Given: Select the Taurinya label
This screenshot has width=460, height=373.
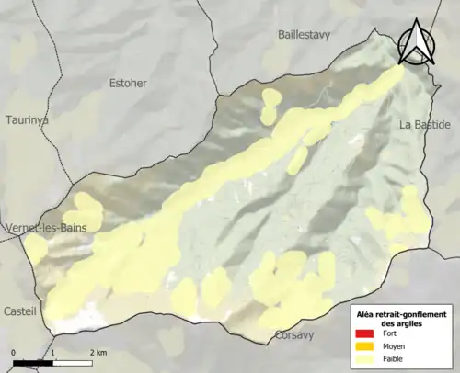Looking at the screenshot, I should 26,119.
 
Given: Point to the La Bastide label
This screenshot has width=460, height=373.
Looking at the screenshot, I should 424,123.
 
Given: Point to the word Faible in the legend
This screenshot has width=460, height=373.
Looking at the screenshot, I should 393,358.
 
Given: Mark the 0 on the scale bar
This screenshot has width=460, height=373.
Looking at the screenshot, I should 14,352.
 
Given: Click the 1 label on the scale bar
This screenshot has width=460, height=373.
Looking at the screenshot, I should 52,352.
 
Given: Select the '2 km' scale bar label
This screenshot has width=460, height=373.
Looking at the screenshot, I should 98,352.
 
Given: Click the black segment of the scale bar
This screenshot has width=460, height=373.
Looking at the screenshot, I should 33,362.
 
